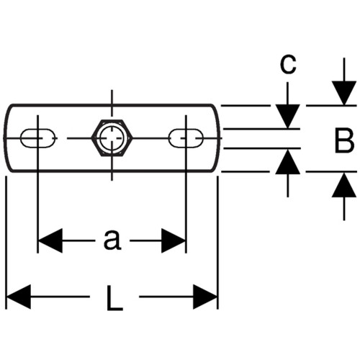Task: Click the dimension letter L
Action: pos(114,297)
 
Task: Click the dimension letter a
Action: pos(112,240)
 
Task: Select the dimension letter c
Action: pos(288,64)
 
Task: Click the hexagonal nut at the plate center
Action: pos(112,138)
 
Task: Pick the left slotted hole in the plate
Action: pos(37,138)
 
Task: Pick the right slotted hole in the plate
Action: pos(186,138)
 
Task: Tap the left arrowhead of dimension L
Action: pos(19,297)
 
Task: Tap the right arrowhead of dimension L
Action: pos(205,297)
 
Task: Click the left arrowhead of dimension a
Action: pos(50,240)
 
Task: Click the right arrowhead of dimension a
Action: pos(174,240)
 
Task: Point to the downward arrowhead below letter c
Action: pos(288,116)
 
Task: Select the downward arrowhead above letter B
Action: pos(344,93)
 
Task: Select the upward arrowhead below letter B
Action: pos(344,185)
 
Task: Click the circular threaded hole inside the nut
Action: pos(112,138)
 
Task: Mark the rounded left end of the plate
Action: pos(6,138)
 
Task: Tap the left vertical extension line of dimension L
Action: pos(6,243)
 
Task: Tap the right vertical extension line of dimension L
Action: pos(217,243)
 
